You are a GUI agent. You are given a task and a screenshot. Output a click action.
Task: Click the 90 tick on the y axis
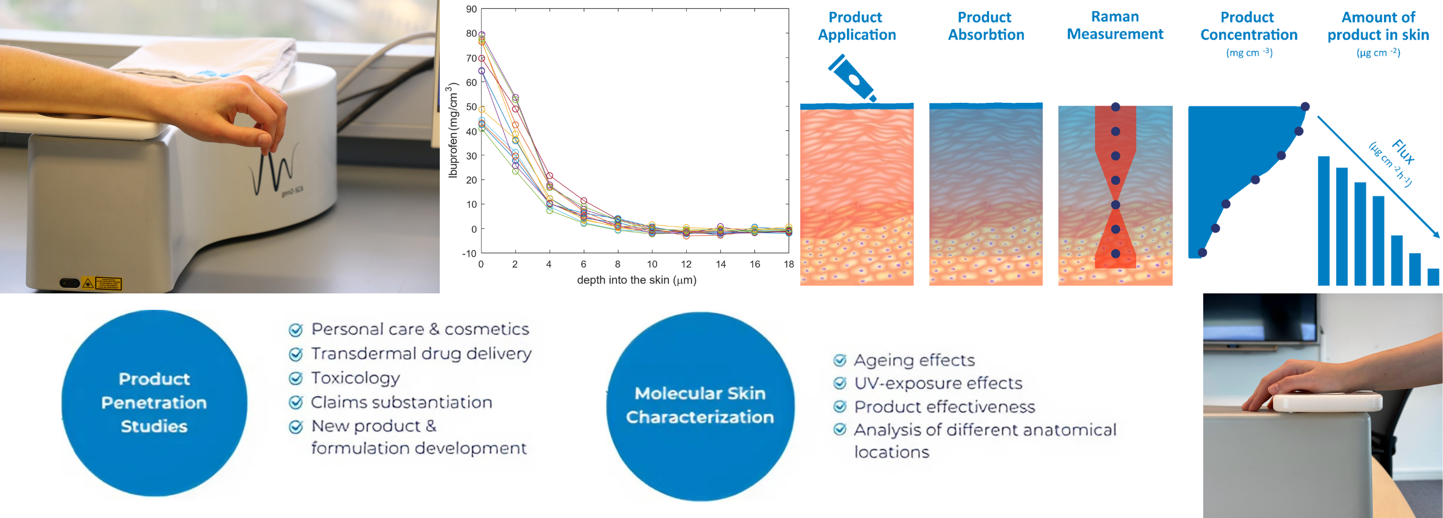471,10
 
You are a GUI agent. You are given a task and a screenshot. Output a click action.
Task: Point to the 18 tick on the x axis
788,264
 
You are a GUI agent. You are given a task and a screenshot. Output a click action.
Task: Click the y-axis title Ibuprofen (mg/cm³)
452,130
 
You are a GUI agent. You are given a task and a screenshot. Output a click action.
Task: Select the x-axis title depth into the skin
636,280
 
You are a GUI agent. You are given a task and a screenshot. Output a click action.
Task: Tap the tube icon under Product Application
852,78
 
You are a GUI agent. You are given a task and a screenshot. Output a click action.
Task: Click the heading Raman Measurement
1115,25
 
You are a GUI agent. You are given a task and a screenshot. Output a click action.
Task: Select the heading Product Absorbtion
985,26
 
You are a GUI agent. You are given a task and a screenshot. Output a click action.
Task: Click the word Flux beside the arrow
1403,151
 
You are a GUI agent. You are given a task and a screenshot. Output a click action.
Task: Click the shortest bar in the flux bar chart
1433,277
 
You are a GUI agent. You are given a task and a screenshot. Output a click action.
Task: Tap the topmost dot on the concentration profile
1305,106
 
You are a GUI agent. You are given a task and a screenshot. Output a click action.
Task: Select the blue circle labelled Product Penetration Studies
154,402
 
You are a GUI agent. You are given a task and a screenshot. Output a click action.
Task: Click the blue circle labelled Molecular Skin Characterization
700,405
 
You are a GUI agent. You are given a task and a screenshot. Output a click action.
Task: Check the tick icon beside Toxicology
295,378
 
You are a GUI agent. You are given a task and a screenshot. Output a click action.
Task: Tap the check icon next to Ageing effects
839,360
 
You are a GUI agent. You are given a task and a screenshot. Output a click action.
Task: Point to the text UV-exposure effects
938,384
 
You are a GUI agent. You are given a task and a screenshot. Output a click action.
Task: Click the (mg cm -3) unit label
1249,52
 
